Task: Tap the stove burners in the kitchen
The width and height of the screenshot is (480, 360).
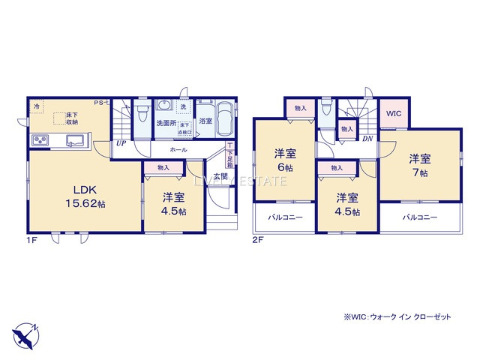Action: pyautogui.click(x=40, y=140)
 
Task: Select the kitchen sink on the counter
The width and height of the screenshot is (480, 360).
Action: pyautogui.click(x=76, y=139)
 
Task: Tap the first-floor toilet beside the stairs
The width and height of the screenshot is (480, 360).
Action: pyautogui.click(x=142, y=112)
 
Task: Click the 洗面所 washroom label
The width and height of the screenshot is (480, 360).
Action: pyautogui.click(x=166, y=123)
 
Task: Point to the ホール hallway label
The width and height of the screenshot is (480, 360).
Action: pyautogui.click(x=178, y=150)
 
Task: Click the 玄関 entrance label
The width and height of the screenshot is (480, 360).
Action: pyautogui.click(x=220, y=176)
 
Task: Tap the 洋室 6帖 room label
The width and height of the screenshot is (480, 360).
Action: pyautogui.click(x=284, y=161)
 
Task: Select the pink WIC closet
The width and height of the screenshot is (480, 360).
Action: pyautogui.click(x=394, y=113)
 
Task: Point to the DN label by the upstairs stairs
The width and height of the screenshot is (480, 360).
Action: pyautogui.click(x=367, y=139)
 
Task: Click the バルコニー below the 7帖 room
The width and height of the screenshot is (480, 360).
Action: pyautogui.click(x=418, y=217)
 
